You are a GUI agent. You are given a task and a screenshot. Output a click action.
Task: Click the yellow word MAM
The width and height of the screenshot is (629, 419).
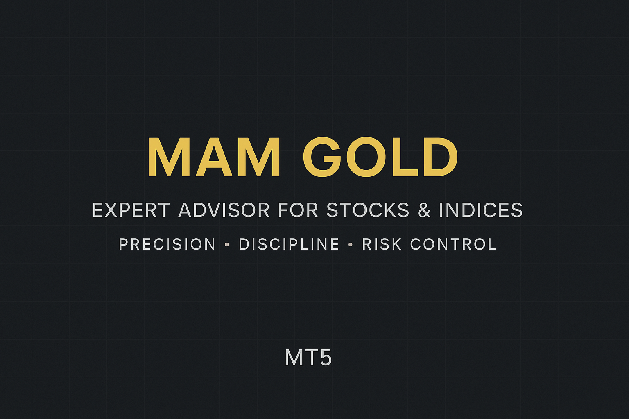pos(214,157)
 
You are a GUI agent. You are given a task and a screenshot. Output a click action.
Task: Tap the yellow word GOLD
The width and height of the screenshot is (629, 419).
pos(380,157)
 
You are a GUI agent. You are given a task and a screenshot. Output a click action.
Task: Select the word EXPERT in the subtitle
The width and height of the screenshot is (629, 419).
pos(131,210)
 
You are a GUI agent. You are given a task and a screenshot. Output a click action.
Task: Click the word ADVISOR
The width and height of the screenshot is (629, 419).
pos(224,210)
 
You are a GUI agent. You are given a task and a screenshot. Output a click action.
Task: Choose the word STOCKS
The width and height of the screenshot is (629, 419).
pos(368,210)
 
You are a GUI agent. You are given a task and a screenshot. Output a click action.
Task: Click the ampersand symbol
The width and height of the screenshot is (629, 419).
pos(424,210)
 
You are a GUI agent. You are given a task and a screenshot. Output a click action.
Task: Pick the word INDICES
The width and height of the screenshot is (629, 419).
pos(481,210)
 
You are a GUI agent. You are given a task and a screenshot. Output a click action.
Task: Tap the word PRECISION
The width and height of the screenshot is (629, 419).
pos(167,244)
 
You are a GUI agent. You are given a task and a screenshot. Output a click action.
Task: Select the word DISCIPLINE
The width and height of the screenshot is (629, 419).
pos(289,244)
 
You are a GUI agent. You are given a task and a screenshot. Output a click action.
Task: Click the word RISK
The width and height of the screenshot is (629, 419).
pos(382,244)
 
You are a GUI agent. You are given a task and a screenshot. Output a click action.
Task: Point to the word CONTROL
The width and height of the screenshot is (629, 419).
pos(453,244)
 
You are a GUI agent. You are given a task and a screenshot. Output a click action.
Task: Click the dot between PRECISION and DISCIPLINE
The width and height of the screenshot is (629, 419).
pos(227,245)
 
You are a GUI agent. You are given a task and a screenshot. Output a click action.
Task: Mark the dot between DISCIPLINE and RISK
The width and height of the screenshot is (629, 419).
pos(351,245)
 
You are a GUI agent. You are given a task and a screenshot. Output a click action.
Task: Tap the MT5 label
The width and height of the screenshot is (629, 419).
pos(308,358)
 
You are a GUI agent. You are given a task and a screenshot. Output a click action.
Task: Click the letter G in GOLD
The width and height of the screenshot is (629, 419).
pos(322,157)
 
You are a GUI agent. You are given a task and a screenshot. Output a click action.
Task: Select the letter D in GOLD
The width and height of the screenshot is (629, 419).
pos(441,157)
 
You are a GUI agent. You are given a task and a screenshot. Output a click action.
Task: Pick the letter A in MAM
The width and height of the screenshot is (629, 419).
pos(214,157)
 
